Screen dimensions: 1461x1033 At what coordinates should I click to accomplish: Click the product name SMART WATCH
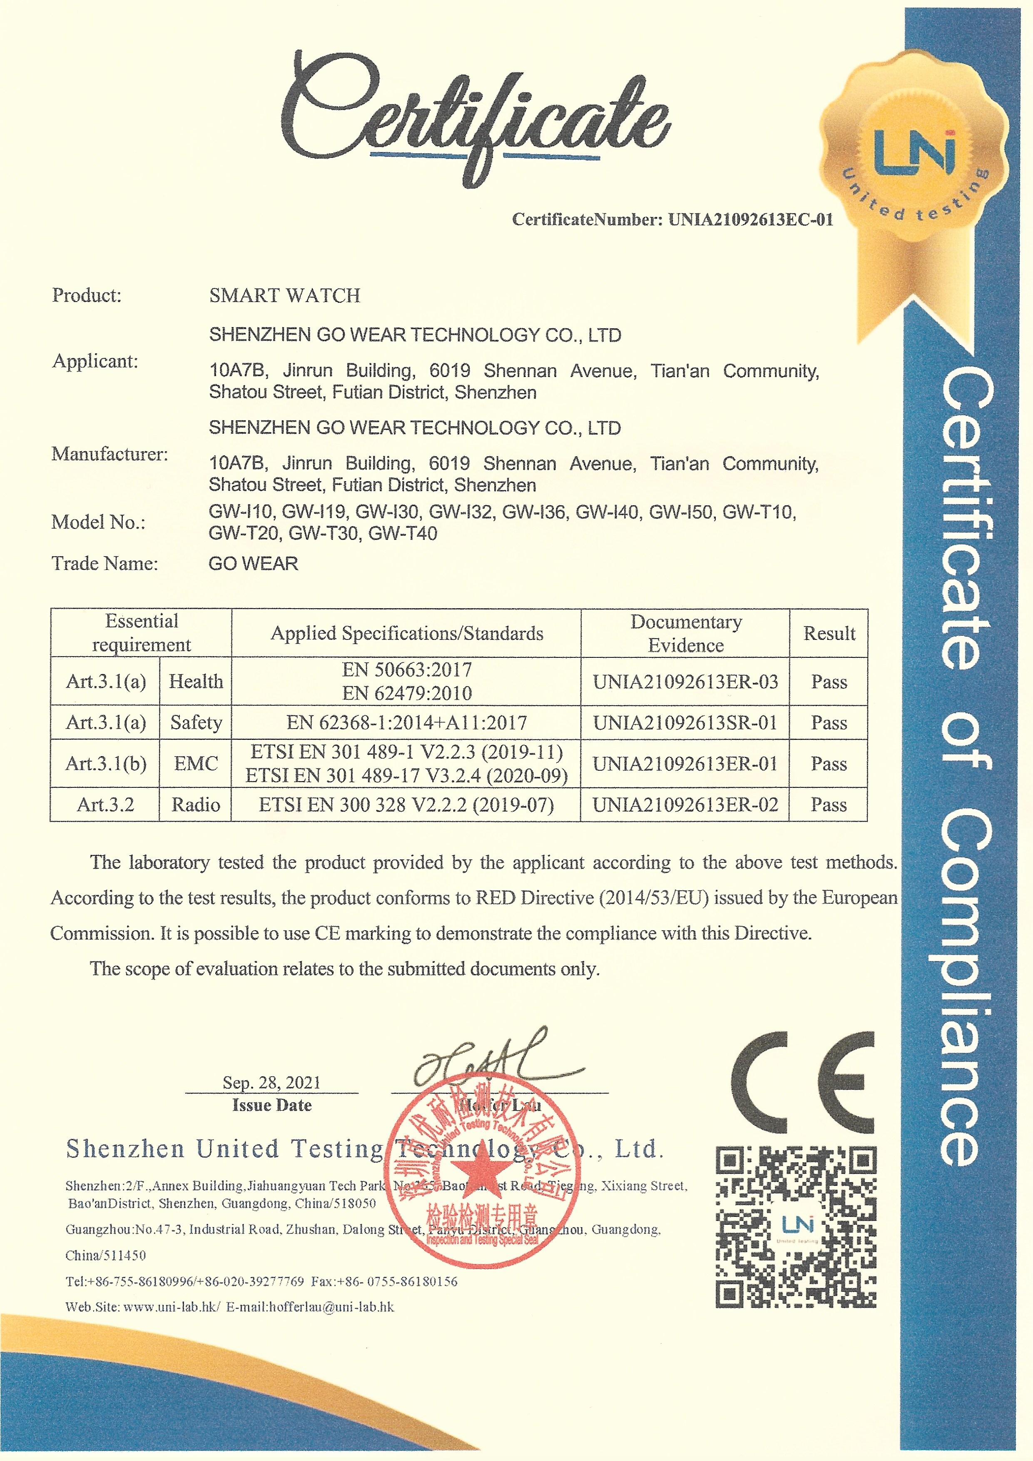coord(284,296)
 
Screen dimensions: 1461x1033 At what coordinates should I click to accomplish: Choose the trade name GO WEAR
coord(253,564)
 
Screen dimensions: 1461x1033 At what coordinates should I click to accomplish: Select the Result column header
coord(829,633)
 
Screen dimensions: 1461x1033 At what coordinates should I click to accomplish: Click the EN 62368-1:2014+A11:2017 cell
coord(406,722)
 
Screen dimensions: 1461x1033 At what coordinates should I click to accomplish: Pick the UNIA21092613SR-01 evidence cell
coord(685,722)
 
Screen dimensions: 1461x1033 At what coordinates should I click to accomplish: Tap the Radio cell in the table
coord(196,805)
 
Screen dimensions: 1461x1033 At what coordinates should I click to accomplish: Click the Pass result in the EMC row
coord(829,764)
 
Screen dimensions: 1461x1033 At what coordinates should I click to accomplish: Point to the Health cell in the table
coord(196,682)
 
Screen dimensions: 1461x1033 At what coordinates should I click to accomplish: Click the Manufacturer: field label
coord(110,455)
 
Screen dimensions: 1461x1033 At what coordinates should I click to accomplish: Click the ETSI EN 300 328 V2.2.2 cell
coord(406,805)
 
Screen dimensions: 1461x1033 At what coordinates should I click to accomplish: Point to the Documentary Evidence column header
coord(686,633)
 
